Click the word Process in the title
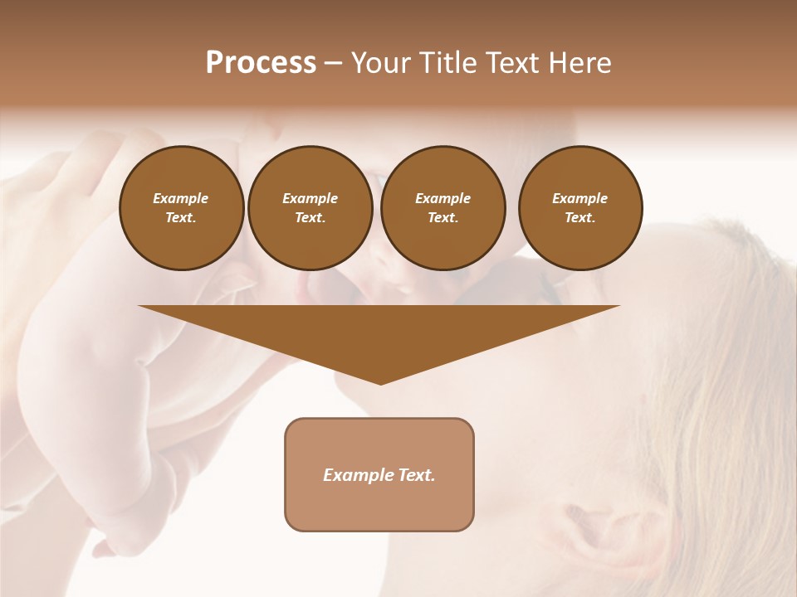pyautogui.click(x=261, y=63)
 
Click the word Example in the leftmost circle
pyautogui.click(x=181, y=198)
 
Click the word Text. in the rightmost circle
pyautogui.click(x=580, y=217)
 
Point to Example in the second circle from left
pyautogui.click(x=310, y=198)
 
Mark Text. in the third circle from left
pyautogui.click(x=443, y=217)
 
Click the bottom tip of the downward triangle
pyautogui.click(x=380, y=382)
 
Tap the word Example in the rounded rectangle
pyautogui.click(x=358, y=475)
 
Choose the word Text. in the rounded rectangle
pyautogui.click(x=416, y=475)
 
